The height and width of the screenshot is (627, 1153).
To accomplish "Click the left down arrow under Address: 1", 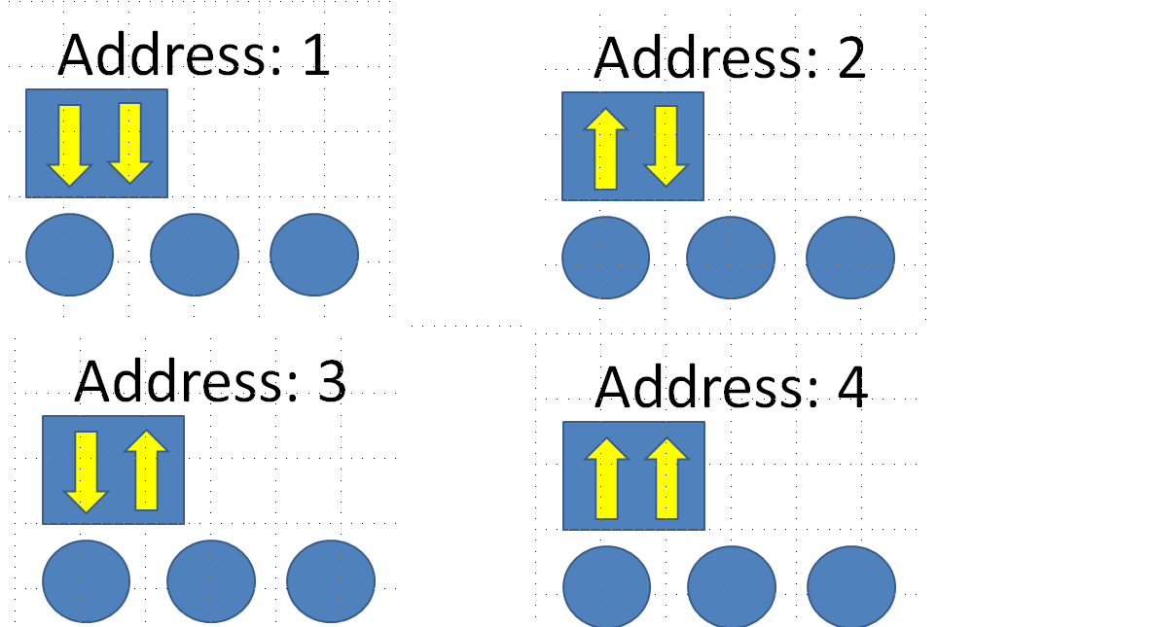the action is pos(69,144).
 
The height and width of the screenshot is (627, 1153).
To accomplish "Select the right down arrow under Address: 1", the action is pos(129,143).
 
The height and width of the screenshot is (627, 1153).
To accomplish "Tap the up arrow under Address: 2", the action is pos(605,149).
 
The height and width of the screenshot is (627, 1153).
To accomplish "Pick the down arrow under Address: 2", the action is pos(666,146).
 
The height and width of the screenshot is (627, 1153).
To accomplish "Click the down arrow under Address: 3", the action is pos(86,471).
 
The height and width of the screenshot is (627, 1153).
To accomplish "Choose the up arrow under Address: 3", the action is pos(146,470).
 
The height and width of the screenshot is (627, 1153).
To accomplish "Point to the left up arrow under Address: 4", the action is pos(606,478).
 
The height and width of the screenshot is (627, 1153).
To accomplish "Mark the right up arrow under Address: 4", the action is pos(667,478).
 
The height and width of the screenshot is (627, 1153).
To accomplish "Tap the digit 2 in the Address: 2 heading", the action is pos(851,58).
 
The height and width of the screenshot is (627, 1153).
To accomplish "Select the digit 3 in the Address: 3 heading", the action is pos(332,381).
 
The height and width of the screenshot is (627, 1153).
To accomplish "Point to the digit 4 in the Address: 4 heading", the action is pos(853,387).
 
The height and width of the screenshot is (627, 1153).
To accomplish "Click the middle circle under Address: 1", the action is pos(195,255).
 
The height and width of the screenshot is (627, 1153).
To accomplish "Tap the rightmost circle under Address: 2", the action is pos(850,258).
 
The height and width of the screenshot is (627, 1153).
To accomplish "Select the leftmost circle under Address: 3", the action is pos(86,581).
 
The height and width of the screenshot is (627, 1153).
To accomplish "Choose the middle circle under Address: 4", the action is pos(732,586).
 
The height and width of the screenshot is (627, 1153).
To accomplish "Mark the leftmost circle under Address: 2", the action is pos(606,258).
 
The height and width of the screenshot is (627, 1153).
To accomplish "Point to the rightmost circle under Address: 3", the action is pos(331,581).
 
